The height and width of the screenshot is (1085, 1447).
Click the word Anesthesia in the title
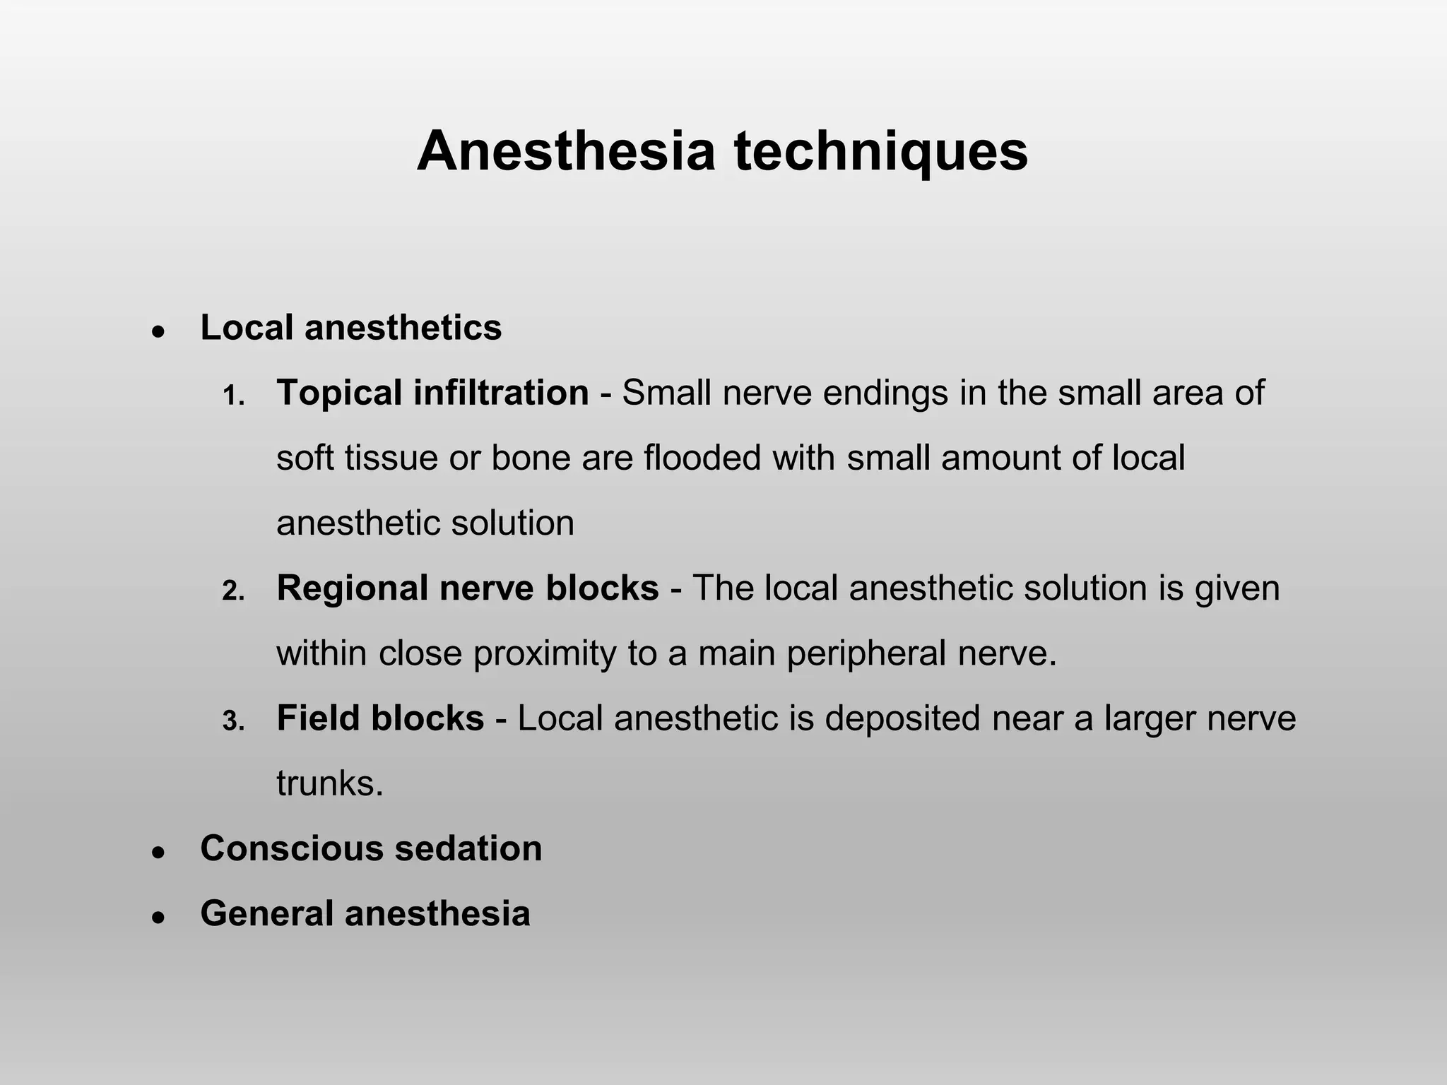click(566, 151)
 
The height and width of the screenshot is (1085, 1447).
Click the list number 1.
click(233, 396)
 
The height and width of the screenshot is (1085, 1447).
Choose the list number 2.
click(233, 591)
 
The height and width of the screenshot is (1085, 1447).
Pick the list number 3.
click(233, 721)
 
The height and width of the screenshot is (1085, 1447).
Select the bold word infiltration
click(501, 393)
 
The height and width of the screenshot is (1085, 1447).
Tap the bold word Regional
click(353, 588)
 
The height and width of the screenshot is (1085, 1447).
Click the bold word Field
click(317, 718)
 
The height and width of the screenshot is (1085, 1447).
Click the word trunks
click(329, 783)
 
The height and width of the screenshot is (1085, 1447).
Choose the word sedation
click(468, 848)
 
